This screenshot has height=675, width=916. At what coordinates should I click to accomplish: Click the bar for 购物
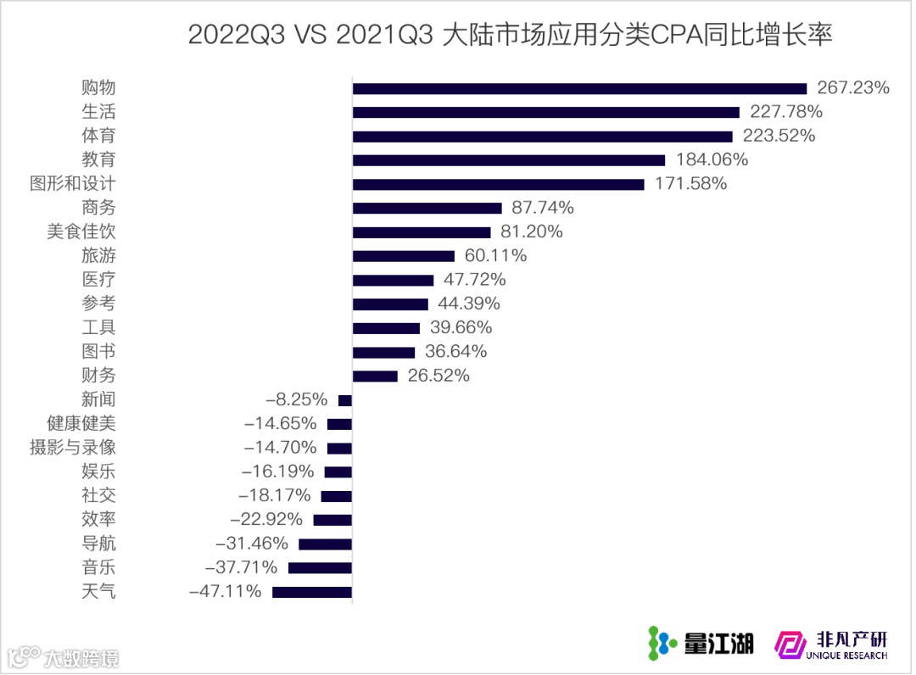click(579, 88)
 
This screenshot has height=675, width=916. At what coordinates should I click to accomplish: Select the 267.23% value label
click(852, 88)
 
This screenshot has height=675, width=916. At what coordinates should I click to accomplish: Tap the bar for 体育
click(542, 136)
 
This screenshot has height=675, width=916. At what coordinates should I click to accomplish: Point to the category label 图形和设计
click(73, 183)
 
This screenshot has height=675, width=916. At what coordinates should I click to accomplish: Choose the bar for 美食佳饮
click(422, 232)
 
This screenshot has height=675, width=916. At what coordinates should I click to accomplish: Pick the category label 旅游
click(98, 255)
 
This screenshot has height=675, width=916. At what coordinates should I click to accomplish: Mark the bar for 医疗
click(393, 280)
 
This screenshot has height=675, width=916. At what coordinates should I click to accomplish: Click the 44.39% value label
click(469, 304)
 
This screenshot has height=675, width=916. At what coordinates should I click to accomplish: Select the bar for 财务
click(375, 376)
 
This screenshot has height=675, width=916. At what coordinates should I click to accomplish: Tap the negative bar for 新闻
click(344, 400)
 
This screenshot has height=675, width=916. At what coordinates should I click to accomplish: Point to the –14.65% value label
click(280, 423)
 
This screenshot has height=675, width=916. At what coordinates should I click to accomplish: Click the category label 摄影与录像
click(73, 448)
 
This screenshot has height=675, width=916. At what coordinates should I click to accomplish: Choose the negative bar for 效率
click(332, 520)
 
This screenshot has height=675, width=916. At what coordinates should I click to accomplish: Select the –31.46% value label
click(252, 544)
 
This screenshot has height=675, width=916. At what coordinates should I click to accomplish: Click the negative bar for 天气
click(312, 592)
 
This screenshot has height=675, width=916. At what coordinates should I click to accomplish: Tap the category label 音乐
click(98, 567)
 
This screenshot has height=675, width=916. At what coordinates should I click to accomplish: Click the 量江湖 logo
click(701, 644)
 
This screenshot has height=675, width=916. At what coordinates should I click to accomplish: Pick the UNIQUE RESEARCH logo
click(831, 644)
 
